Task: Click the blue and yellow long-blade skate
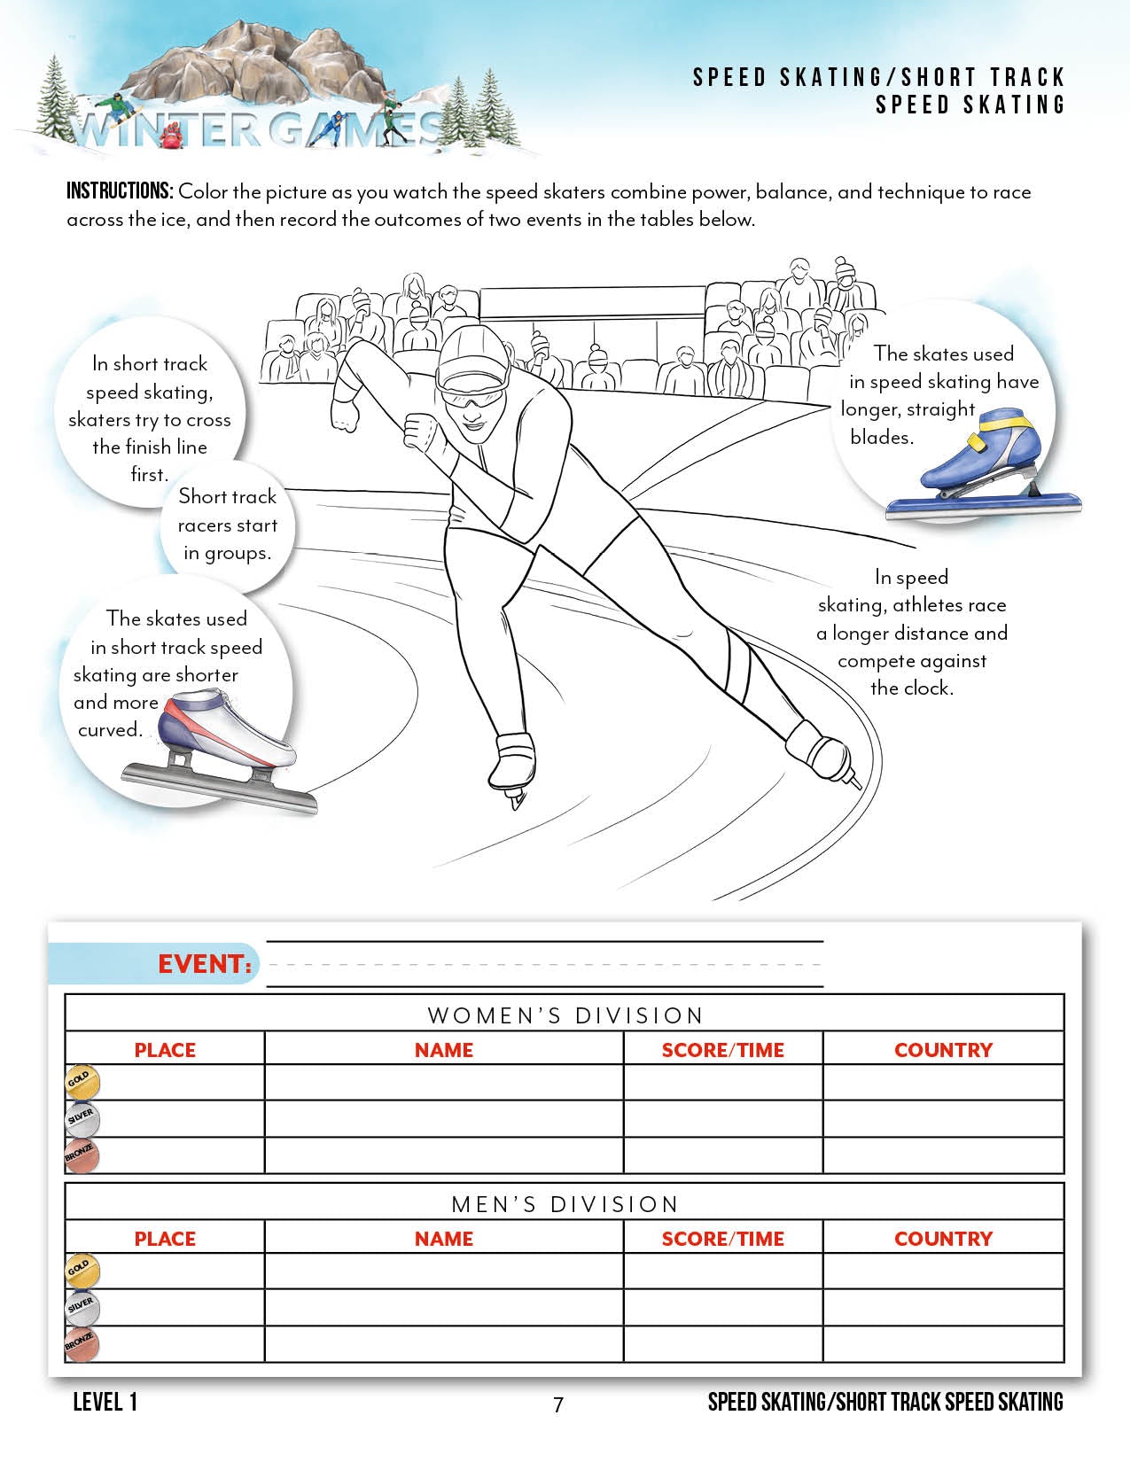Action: click(x=979, y=470)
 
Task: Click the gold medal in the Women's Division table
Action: click(x=82, y=1082)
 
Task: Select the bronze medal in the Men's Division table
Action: click(x=82, y=1344)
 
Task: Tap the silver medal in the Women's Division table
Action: click(x=82, y=1118)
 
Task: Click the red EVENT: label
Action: click(x=205, y=964)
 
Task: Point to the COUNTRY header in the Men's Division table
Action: click(x=943, y=1239)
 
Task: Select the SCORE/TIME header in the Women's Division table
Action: click(x=722, y=1050)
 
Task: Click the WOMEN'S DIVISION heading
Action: click(x=565, y=1015)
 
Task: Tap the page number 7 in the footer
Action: click(x=557, y=1404)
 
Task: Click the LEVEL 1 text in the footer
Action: click(x=105, y=1402)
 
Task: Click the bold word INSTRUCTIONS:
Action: click(x=120, y=191)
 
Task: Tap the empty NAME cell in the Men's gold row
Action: click(x=443, y=1271)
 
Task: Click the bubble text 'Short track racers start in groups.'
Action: click(x=227, y=525)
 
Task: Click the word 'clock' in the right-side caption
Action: click(x=925, y=688)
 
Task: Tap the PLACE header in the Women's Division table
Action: click(x=165, y=1050)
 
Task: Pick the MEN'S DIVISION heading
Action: click(x=565, y=1204)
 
